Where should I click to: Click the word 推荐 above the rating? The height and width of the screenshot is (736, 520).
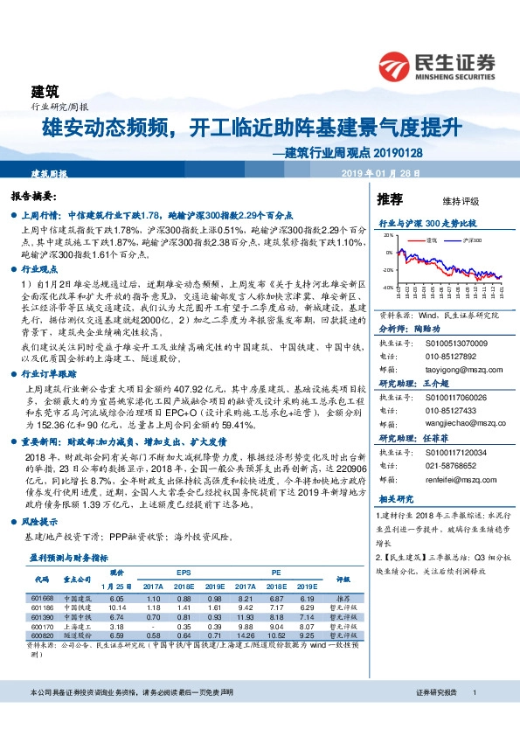390,198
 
